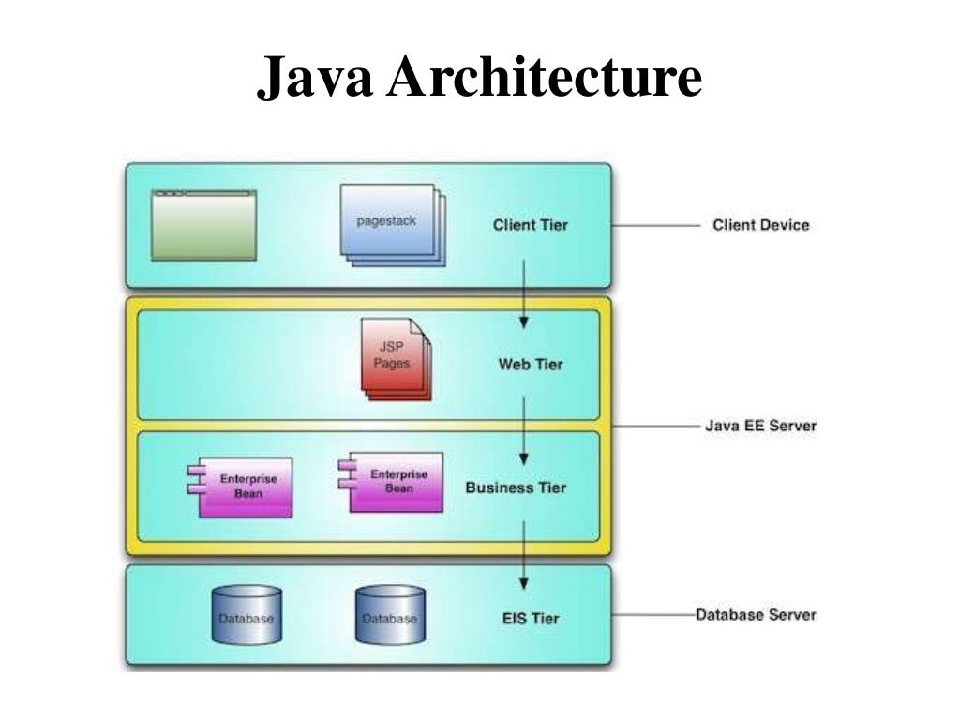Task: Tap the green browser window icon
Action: [203, 225]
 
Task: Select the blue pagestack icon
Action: [389, 223]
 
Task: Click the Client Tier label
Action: [530, 225]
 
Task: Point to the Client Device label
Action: [760, 225]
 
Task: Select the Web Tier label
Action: [530, 364]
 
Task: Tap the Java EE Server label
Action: [760, 426]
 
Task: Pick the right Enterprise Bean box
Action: [395, 482]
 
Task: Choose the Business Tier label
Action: [516, 487]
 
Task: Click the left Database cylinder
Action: [247, 615]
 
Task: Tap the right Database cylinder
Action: [390, 616]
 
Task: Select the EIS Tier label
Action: [531, 618]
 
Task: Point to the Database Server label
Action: [756, 615]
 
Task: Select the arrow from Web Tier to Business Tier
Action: [524, 427]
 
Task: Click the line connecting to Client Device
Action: [656, 225]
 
